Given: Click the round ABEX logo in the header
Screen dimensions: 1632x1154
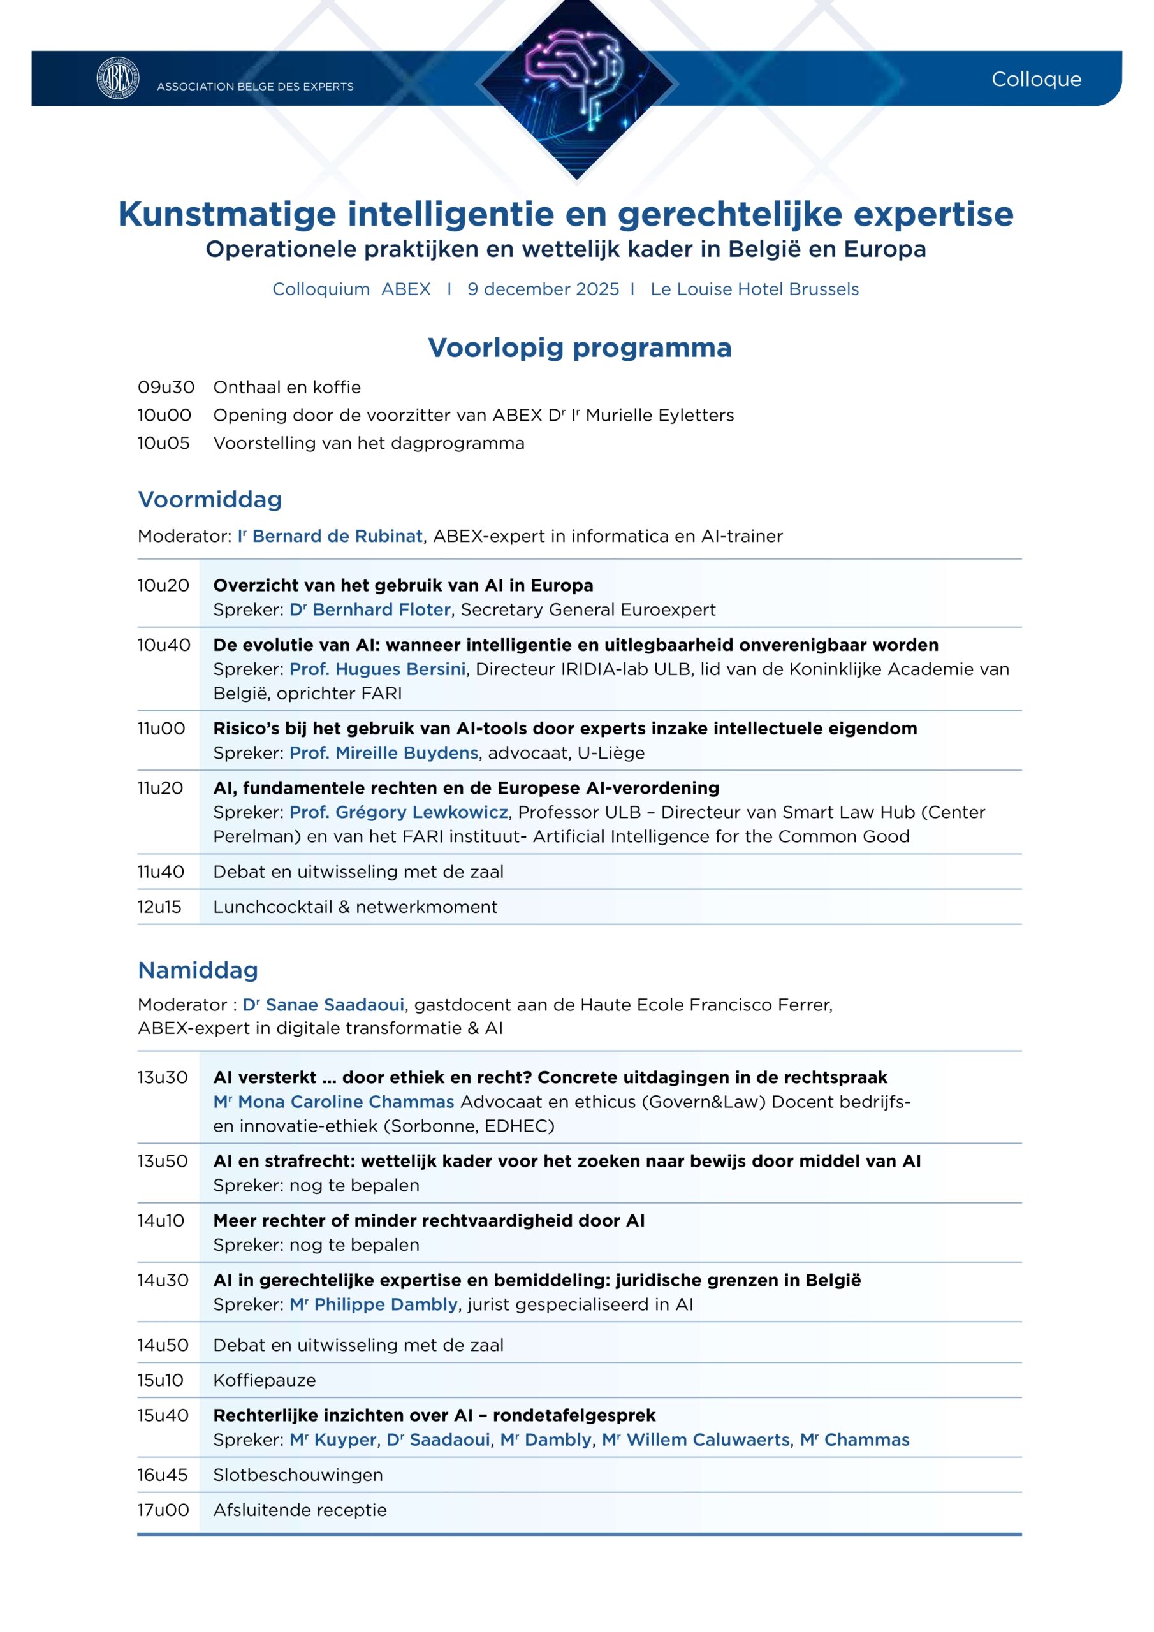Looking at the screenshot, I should [x=117, y=78].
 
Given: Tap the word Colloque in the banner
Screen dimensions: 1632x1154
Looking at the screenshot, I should [x=1036, y=79].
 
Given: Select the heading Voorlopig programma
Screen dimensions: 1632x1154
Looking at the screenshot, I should [x=580, y=347].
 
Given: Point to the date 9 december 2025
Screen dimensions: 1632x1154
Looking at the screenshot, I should [x=543, y=289].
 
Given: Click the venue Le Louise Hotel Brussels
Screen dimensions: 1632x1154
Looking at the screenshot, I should [x=754, y=289].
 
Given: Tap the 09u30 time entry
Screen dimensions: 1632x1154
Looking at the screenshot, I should [x=166, y=388].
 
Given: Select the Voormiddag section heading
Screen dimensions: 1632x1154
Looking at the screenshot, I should [x=210, y=499].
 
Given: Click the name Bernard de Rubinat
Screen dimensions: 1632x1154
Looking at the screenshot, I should [x=337, y=536].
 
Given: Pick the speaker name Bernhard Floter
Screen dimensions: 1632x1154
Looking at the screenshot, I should [x=381, y=609].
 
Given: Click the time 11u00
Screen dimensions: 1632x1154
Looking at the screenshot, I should [x=161, y=729].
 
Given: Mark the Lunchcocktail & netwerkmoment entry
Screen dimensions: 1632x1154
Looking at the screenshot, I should [x=354, y=907].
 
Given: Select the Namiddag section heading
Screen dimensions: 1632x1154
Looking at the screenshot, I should [x=198, y=970].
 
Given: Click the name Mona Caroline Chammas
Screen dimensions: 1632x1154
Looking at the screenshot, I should [x=346, y=1102].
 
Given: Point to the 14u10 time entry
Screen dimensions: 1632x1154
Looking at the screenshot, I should [x=161, y=1220].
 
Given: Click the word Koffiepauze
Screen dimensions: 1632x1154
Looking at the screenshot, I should [x=264, y=1380].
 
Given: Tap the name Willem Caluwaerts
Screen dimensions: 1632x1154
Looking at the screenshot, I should [x=708, y=1439].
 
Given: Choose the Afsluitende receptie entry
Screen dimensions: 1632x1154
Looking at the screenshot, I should [x=300, y=1510].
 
